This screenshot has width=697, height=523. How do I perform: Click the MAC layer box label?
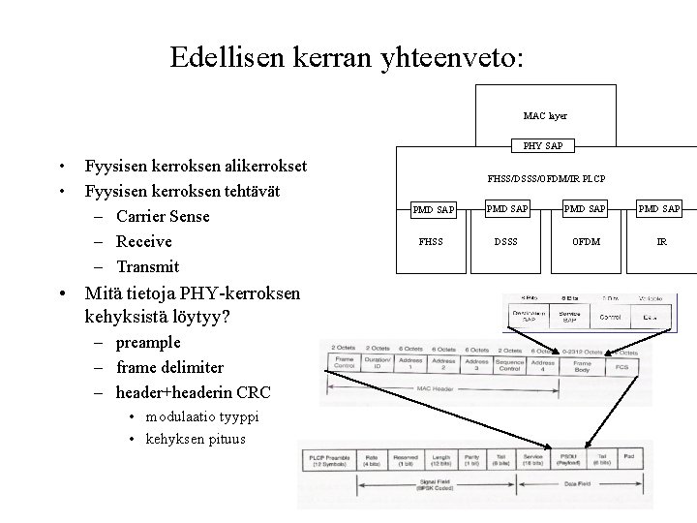(545, 115)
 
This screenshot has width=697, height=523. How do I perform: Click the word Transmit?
(150, 265)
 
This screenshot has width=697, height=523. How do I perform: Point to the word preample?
(147, 342)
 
